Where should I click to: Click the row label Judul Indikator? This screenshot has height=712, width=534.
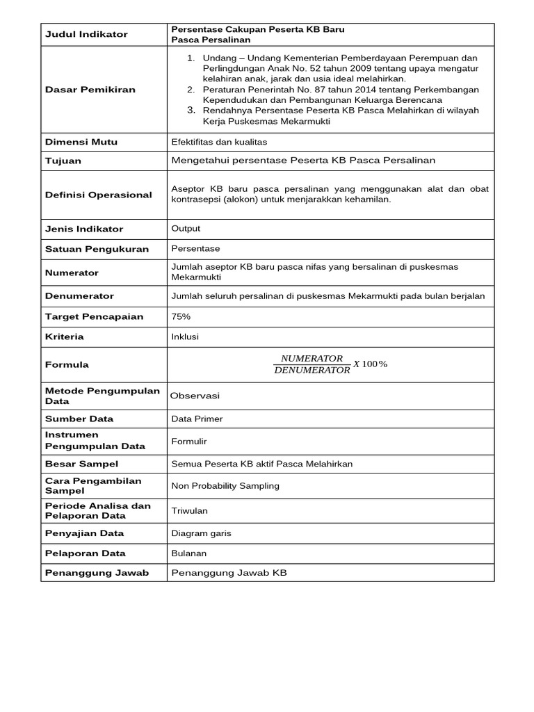pyautogui.click(x=86, y=34)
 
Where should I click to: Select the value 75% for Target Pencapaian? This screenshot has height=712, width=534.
pyautogui.click(x=181, y=316)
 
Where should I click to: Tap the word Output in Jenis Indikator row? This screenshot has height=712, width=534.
pyautogui.click(x=186, y=228)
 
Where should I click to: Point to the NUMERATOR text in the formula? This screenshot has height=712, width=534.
pyautogui.click(x=311, y=358)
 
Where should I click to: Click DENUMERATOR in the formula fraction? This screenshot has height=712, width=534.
pyautogui.click(x=312, y=371)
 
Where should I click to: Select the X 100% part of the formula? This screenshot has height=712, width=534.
pyautogui.click(x=370, y=364)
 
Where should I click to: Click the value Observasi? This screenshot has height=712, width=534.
pyautogui.click(x=195, y=395)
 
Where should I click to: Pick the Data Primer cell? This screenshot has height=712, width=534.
pyautogui.click(x=197, y=419)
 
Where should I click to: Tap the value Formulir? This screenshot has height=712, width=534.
pyautogui.click(x=189, y=441)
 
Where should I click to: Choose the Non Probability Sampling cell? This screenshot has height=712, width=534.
pyautogui.click(x=225, y=485)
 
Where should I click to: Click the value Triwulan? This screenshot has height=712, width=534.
pyautogui.click(x=189, y=510)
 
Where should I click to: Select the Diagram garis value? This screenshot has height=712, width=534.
pyautogui.click(x=201, y=533)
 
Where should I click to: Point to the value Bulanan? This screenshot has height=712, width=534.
pyautogui.click(x=188, y=553)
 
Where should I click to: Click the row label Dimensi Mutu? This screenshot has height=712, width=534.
pyautogui.click(x=81, y=142)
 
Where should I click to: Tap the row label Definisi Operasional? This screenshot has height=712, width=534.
pyautogui.click(x=98, y=195)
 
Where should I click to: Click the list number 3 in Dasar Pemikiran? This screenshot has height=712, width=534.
pyautogui.click(x=191, y=110)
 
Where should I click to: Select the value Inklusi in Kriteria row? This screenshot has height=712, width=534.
pyautogui.click(x=185, y=337)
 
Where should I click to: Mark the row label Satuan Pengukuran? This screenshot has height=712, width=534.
pyautogui.click(x=97, y=249)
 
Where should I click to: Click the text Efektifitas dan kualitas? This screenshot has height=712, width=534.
pyautogui.click(x=219, y=142)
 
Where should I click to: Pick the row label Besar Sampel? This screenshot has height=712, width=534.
pyautogui.click(x=81, y=464)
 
